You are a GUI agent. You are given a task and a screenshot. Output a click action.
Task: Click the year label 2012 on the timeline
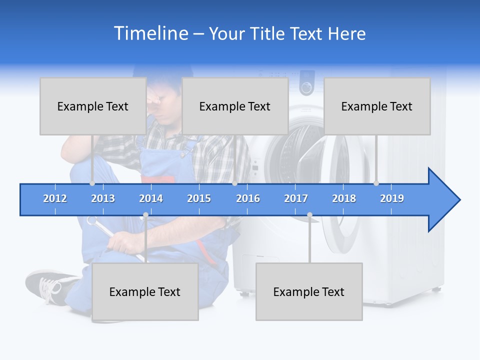55,198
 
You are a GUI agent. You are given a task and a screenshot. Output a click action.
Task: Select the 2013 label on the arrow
103,198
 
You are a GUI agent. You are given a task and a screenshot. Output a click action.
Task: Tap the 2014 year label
151,198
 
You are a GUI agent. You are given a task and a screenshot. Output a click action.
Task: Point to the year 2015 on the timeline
199,198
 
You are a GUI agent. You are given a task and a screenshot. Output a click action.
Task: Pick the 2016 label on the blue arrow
248,198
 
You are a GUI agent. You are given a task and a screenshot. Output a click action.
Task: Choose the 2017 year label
296,198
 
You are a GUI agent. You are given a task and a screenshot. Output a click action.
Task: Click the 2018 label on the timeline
344,198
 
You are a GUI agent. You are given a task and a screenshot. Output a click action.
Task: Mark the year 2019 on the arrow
392,198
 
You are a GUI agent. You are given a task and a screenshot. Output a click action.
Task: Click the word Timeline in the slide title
150,33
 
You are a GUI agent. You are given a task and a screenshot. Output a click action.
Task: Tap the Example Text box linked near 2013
93,106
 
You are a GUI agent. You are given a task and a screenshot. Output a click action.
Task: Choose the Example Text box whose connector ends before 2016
235,106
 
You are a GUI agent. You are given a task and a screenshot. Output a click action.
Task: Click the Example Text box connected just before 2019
377,106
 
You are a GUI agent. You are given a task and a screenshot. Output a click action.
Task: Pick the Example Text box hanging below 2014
145,291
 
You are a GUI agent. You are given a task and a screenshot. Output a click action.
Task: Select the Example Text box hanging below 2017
309,291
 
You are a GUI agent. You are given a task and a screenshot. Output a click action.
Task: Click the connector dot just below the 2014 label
145,215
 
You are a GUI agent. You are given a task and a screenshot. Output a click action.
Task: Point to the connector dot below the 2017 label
309,215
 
